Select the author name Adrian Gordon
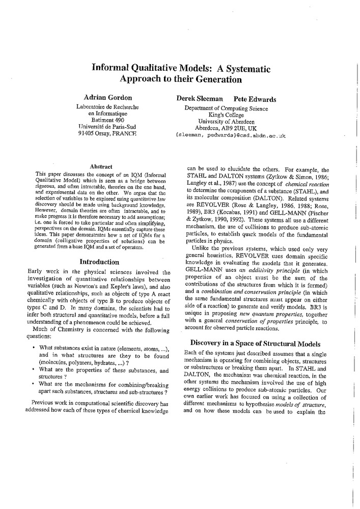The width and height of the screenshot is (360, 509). (x=107, y=97)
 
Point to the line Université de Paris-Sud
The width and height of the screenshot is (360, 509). (x=107, y=127)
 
